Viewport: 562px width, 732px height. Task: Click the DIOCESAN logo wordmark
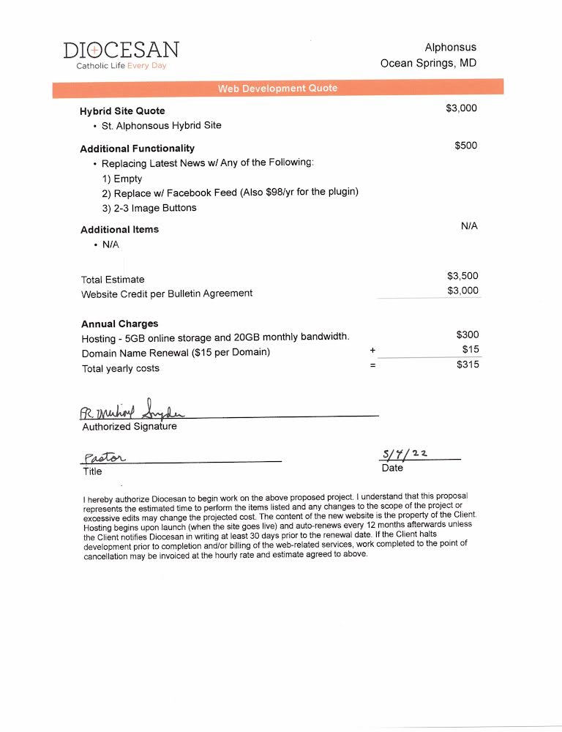coord(121,50)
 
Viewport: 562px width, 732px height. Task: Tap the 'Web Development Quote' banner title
coord(277,88)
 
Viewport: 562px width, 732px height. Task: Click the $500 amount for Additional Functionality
coord(465,146)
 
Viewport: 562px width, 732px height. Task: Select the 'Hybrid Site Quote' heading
coord(122,111)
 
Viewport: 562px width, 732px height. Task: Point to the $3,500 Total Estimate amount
coord(462,276)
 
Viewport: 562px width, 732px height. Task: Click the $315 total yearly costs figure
coord(468,364)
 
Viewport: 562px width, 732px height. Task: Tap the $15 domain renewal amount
coord(471,349)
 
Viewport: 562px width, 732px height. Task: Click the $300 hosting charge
coord(468,335)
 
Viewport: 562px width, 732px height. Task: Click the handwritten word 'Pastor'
coord(104,457)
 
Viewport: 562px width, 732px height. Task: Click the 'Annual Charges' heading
coord(119,324)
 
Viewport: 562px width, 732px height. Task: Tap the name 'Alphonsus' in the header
coord(450,48)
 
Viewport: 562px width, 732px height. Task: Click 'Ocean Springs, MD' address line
coord(428,63)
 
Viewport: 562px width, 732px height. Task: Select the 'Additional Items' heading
coord(119,229)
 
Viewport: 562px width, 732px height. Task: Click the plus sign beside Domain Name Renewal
coord(372,351)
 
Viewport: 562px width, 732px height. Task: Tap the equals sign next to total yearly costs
coord(372,365)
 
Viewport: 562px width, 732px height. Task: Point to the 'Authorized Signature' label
coord(129,426)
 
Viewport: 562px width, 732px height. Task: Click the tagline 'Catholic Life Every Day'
coord(121,66)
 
